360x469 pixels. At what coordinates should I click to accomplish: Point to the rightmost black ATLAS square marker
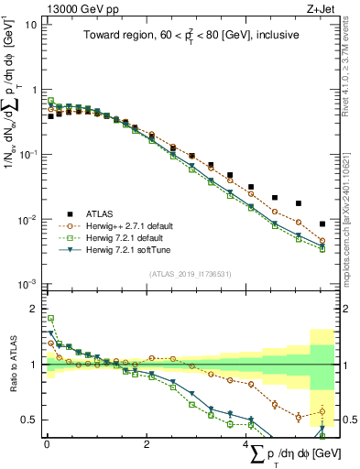point(322,224)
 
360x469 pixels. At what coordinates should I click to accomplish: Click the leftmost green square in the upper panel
point(51,101)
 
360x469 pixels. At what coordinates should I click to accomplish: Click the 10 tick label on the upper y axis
point(29,25)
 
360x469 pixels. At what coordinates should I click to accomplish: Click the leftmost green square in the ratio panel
point(51,319)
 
